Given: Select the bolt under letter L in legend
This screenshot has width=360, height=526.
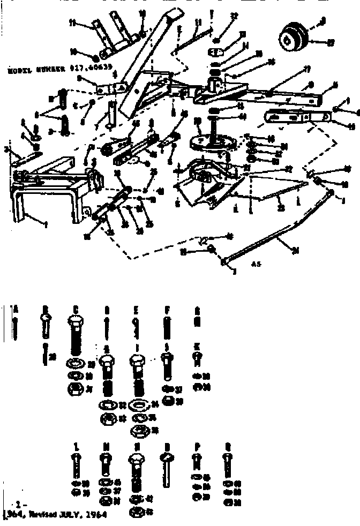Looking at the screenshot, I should click(77, 465).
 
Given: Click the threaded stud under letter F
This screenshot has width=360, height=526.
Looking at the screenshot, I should click(167, 328).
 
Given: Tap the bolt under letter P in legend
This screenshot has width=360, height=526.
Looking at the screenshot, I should click(197, 462).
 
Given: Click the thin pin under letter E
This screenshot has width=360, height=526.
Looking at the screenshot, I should click(137, 327).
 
